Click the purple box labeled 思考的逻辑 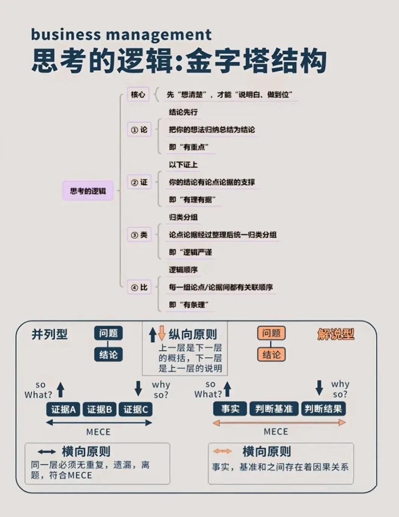(x=88, y=190)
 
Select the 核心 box (x=138, y=94)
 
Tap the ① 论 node (x=139, y=130)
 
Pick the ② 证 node (x=139, y=182)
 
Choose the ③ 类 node (x=139, y=235)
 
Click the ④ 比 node (x=139, y=287)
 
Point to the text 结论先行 (x=183, y=112)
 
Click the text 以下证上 (x=183, y=165)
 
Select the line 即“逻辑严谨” (x=190, y=252)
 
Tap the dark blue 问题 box (x=109, y=333)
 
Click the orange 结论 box (x=271, y=354)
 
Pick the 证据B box (x=99, y=409)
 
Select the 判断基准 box (x=274, y=409)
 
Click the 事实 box (x=230, y=409)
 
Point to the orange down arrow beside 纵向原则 (x=162, y=333)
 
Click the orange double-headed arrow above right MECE (x=279, y=423)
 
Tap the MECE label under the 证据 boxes (x=98, y=432)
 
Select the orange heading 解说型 (x=336, y=334)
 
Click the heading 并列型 (x=49, y=334)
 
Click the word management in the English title (x=159, y=35)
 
